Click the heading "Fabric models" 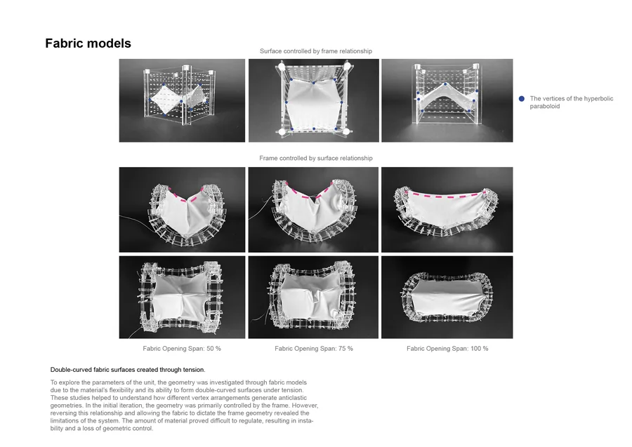coord(88,44)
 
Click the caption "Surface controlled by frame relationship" coord(315,51)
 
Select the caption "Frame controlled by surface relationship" coord(315,159)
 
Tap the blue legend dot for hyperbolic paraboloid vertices coord(522,99)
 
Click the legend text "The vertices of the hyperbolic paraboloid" coord(571,102)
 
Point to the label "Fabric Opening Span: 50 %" coord(182,349)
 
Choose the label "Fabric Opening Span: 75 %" coord(314,349)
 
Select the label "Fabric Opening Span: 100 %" coord(447,349)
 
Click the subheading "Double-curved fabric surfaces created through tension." coord(128,370)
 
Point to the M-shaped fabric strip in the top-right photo coord(447,99)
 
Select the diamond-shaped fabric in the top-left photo coord(165,100)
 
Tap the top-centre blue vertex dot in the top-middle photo coord(314,83)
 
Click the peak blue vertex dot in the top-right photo coord(445,84)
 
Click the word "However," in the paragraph coord(305,406)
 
